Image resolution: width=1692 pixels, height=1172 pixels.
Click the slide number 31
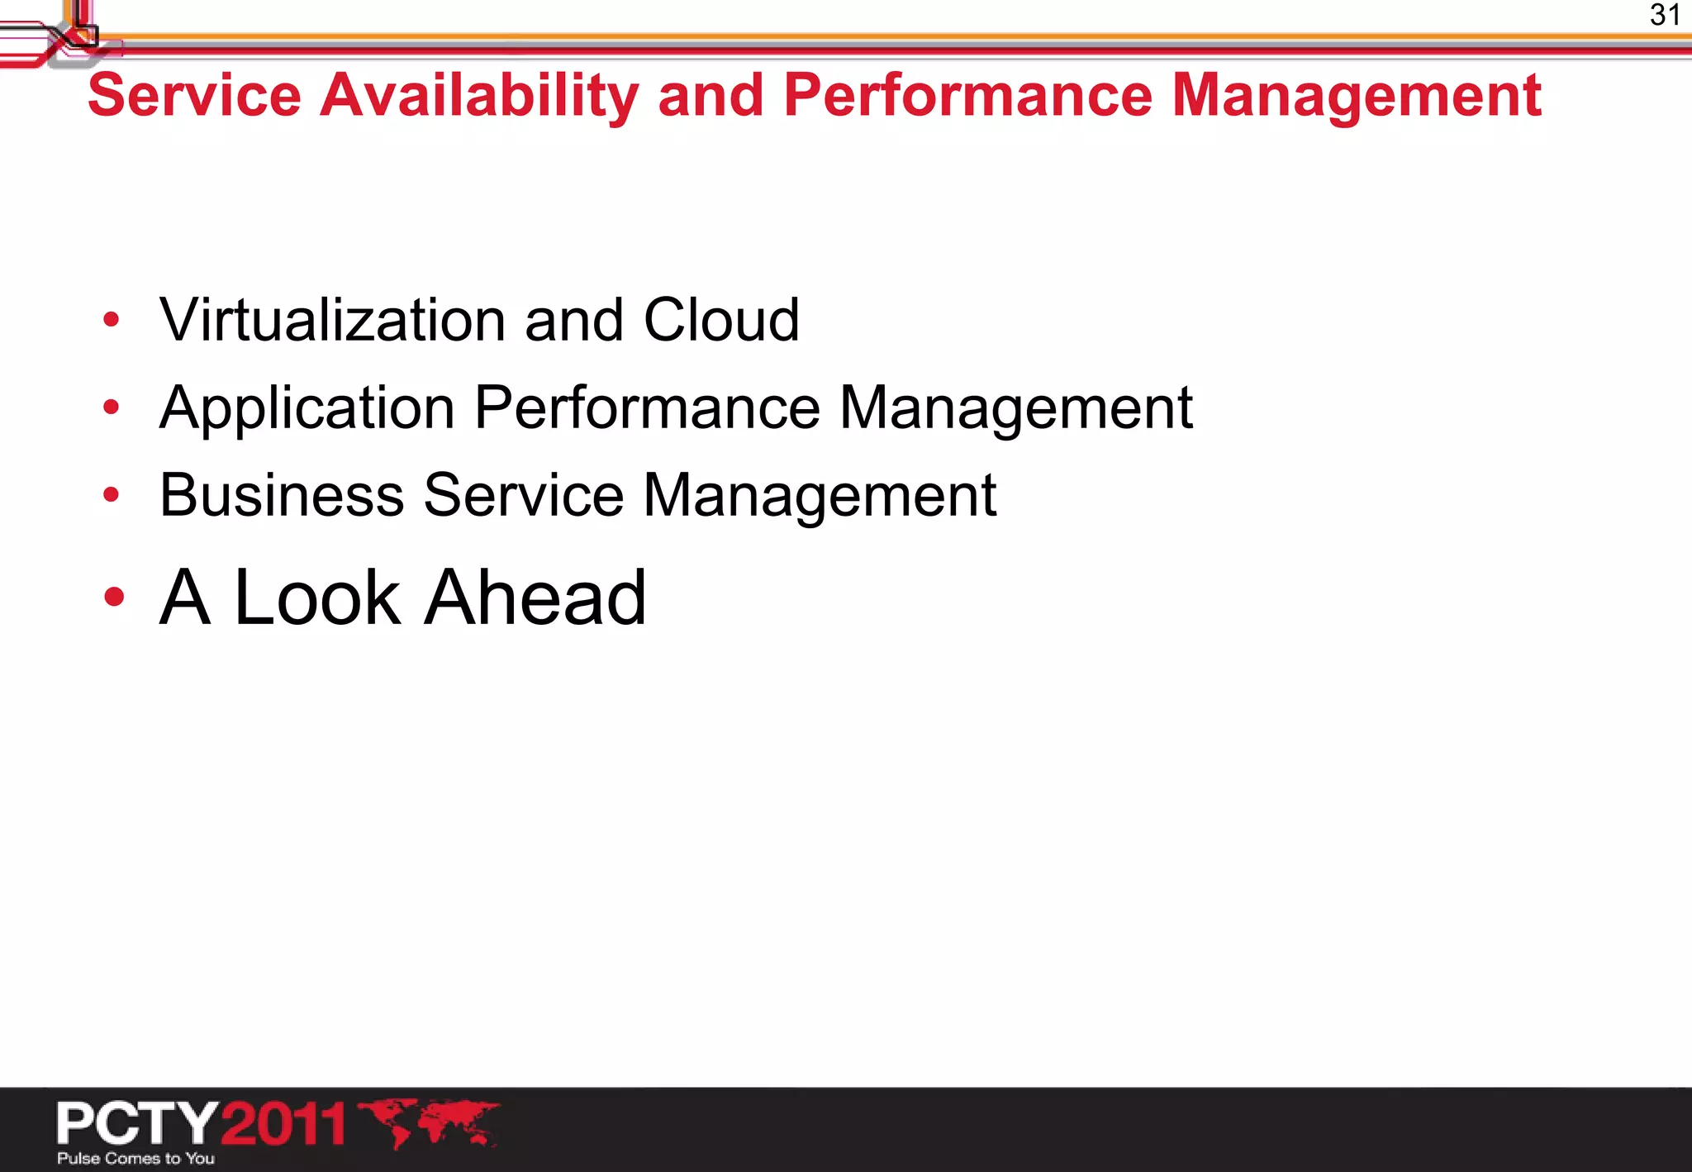[1665, 15]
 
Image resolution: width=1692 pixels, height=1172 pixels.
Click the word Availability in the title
[478, 95]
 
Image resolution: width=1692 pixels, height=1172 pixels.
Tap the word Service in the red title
[194, 95]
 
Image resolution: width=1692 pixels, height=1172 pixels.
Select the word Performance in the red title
[967, 95]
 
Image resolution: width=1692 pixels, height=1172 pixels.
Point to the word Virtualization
[332, 320]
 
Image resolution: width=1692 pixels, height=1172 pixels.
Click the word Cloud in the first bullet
[721, 320]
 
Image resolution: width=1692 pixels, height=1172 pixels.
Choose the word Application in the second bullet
[307, 407]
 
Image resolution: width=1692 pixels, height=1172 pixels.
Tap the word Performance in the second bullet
[647, 407]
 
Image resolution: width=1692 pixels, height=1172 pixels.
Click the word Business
[282, 495]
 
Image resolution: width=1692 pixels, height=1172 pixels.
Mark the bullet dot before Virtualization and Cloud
[112, 320]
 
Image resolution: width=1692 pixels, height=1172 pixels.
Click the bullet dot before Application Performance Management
[112, 407]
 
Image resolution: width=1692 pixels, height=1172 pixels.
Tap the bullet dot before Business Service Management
[112, 494]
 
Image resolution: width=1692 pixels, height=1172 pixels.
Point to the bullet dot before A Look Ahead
[114, 597]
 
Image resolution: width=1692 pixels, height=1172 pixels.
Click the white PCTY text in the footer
[137, 1123]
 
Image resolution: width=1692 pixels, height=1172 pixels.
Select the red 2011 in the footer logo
[283, 1123]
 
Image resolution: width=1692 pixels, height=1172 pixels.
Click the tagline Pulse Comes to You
[135, 1158]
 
